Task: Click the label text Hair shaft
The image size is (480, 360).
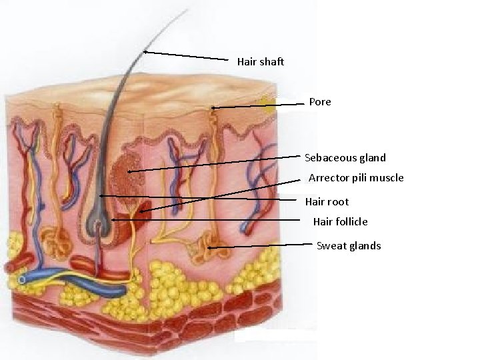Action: [261, 61]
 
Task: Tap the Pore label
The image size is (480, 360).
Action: [320, 102]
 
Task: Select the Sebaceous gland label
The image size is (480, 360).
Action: [345, 158]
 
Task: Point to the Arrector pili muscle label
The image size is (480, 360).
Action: [357, 178]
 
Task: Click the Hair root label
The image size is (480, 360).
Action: [327, 201]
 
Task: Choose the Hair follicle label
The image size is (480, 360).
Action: [340, 221]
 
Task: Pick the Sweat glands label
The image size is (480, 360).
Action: [349, 246]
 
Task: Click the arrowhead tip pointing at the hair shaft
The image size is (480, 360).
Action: [145, 51]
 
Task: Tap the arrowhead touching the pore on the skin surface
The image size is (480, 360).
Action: [213, 107]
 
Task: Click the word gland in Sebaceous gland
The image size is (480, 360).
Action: [372, 158]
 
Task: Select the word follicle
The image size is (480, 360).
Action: [351, 221]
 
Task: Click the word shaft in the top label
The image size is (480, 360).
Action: [272, 61]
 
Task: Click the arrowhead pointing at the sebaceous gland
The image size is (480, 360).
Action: [129, 172]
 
